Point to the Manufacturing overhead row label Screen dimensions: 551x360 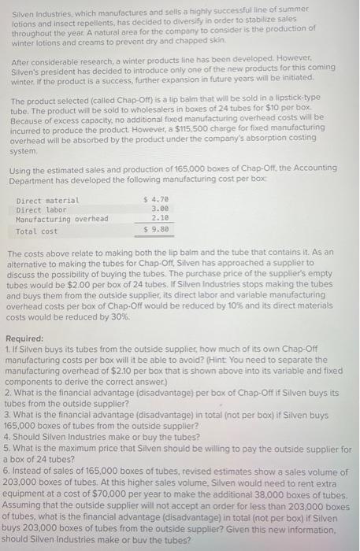[62, 218]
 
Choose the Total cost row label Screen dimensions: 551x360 [37, 231]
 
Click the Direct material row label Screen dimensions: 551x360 [47, 200]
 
